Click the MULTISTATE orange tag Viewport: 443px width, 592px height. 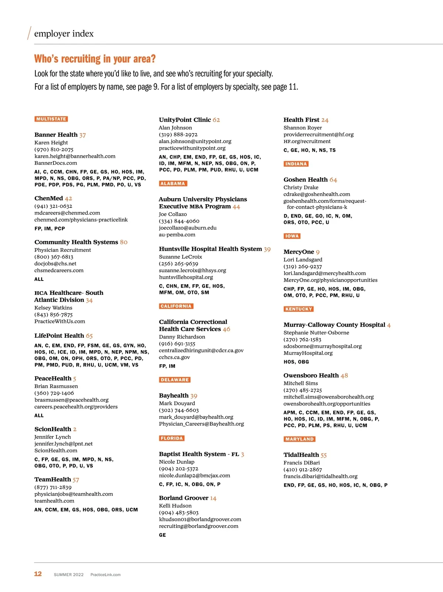click(51, 119)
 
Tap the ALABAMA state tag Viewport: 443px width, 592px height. click(173, 184)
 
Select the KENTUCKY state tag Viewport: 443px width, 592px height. click(299, 309)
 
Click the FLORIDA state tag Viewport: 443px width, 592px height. click(172, 438)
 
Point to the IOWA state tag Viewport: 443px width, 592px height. click(292, 236)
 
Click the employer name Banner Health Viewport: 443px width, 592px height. click(56, 135)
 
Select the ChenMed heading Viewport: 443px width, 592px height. click(49, 198)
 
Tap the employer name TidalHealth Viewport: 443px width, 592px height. click(301, 455)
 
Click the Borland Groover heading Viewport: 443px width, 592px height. click(183, 498)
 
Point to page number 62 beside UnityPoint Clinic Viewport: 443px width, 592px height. click(216, 120)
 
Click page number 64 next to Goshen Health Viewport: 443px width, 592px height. click(333, 180)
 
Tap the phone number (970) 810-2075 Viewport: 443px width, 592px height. click(54, 149)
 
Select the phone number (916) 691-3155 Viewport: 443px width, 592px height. click(177, 344)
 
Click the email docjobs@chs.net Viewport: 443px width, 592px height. click(55, 264)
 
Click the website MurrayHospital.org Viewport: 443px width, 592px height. click(308, 353)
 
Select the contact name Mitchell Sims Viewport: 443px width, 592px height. click(301, 383)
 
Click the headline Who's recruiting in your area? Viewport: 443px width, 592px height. click(95, 59)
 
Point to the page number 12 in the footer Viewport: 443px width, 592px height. click(38, 574)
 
